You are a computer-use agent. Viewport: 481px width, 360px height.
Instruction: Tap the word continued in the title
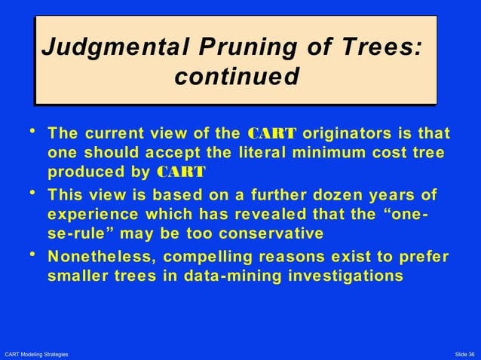click(x=236, y=78)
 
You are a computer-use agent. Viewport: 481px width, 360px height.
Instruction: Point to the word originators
click(x=345, y=134)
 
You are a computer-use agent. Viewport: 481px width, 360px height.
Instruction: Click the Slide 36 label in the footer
click(x=464, y=354)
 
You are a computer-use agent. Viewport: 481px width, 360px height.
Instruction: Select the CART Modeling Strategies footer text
click(x=36, y=354)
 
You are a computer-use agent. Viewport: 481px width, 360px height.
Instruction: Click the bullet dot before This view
click(x=32, y=192)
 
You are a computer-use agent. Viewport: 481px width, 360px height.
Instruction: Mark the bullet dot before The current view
click(x=32, y=132)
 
